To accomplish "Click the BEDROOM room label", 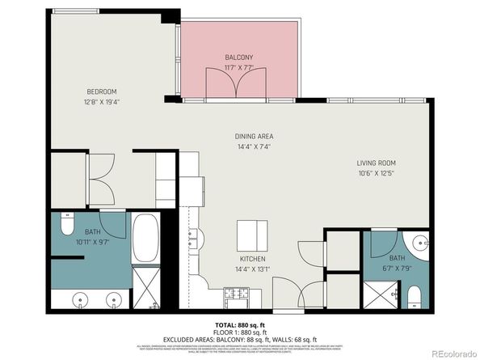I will (x=103, y=91).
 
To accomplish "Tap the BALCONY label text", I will (x=239, y=57).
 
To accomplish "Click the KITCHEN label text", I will (x=251, y=260).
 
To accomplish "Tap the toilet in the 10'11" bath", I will (x=68, y=224).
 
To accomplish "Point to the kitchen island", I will (x=251, y=235).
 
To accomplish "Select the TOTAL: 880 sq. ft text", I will (x=239, y=324).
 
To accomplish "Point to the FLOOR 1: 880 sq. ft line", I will (x=239, y=332).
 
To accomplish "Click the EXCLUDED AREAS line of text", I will (x=239, y=339).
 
